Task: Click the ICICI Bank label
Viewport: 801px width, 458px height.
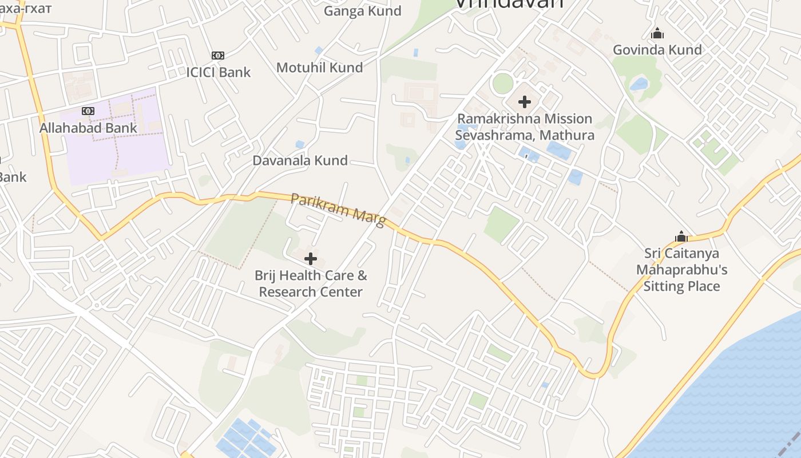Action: click(219, 72)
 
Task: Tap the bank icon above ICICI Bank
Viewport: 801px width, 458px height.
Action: click(218, 56)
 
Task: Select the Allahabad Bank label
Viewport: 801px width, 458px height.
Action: click(88, 128)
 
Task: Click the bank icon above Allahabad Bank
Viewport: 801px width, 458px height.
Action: click(88, 110)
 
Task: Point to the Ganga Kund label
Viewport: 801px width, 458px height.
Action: click(363, 11)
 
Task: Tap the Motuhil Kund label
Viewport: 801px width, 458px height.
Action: click(319, 68)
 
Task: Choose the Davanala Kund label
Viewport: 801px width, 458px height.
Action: click(300, 160)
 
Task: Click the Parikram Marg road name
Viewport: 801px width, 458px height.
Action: click(338, 209)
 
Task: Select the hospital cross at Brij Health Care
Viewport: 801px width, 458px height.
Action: click(311, 259)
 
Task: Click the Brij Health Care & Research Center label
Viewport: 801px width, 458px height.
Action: click(311, 283)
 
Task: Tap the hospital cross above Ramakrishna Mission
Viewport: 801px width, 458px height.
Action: click(524, 102)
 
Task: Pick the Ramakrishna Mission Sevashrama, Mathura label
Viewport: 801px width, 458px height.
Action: click(524, 127)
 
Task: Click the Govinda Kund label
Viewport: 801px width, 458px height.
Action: click(657, 50)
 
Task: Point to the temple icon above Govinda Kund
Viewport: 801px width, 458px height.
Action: click(657, 34)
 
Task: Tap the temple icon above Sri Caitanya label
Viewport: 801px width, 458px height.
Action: click(681, 236)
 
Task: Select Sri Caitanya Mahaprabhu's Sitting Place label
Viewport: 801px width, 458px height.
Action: click(681, 270)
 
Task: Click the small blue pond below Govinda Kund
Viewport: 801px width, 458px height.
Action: click(639, 85)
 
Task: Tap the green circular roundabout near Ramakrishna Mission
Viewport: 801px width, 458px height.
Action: click(503, 84)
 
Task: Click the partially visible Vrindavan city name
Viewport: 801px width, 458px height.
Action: click(509, 3)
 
